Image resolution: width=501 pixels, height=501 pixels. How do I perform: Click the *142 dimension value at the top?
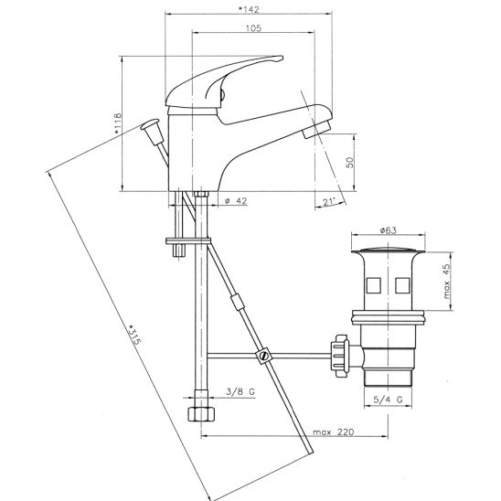click(249, 9)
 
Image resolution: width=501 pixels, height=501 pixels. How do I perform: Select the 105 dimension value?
click(253, 28)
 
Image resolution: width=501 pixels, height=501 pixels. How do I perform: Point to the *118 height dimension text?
click(118, 123)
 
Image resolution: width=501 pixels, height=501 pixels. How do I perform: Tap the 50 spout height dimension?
click(350, 163)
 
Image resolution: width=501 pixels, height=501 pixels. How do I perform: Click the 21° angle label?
click(329, 202)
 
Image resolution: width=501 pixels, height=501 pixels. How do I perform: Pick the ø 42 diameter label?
click(236, 200)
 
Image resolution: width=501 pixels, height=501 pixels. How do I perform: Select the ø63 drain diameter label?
click(388, 230)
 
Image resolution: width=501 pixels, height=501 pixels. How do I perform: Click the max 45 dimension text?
click(447, 281)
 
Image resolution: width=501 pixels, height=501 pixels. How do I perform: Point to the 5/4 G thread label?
click(388, 400)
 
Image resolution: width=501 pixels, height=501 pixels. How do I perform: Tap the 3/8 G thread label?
click(240, 391)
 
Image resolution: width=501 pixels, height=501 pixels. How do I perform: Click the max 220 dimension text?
click(334, 432)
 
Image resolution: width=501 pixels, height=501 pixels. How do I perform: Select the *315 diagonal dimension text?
click(134, 336)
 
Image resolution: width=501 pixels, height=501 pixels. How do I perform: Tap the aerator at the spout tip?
click(317, 128)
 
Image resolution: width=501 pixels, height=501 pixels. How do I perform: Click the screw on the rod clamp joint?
click(264, 356)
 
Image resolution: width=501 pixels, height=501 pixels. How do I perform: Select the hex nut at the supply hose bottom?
click(201, 414)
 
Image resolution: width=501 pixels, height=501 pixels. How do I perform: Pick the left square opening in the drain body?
click(373, 285)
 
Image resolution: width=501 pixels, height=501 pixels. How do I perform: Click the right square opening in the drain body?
click(402, 285)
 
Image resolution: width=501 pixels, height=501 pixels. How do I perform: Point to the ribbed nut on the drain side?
click(341, 356)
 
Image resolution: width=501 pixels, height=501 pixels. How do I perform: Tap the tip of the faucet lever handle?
click(282, 59)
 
